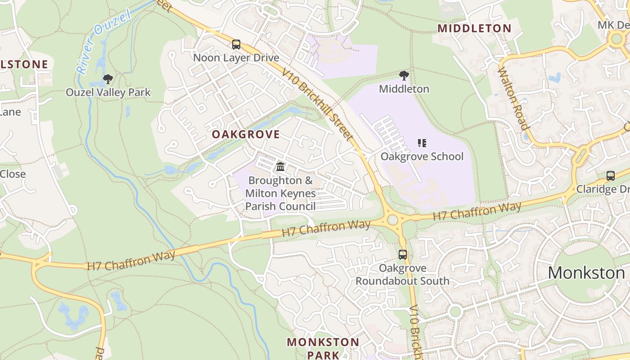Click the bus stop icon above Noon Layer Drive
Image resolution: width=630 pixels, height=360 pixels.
236,45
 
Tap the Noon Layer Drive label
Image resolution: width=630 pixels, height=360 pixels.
236,58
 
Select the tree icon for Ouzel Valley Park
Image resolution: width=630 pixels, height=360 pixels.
108,79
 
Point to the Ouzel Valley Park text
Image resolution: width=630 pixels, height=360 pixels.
108,93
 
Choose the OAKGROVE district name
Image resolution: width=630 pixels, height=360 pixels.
246,135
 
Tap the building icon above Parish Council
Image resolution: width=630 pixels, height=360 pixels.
280,167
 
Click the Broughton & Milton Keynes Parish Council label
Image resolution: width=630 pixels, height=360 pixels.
280,193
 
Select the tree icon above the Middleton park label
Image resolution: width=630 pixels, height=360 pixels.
404,76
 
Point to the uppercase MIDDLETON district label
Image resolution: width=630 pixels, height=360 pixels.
474,28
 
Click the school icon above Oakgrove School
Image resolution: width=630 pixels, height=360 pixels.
422,143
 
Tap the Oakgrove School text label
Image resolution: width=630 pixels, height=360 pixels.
422,157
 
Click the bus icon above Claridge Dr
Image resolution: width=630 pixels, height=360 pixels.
610,175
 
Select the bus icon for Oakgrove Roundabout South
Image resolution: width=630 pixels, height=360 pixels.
402,255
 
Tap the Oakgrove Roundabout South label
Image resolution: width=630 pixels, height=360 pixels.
402,274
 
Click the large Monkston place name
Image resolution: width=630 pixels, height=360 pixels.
586,273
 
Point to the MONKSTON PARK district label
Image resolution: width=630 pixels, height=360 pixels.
323,348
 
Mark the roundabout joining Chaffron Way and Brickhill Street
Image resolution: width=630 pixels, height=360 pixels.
392,220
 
